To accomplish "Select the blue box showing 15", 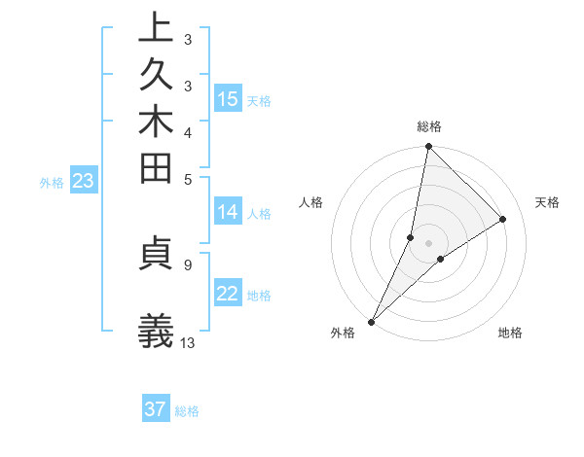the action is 228,99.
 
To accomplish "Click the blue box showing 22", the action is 228,295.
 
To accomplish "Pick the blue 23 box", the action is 83,181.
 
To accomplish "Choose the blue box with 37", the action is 156,409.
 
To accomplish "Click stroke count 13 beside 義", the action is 188,342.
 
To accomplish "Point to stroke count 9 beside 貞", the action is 187,263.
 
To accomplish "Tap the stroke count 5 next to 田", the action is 187,178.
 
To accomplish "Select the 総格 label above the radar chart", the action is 429,126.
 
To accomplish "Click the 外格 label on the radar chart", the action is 343,334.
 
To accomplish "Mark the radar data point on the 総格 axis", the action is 427,147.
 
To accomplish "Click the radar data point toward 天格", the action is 503,220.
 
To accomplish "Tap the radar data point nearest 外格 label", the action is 372,321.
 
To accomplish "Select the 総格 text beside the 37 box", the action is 188,411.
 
